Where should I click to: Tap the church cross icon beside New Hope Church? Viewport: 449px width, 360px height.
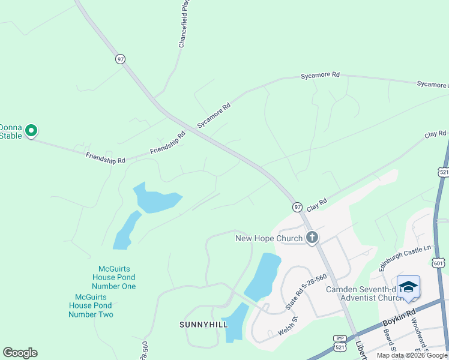312,238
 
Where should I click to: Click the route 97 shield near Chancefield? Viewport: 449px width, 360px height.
121,59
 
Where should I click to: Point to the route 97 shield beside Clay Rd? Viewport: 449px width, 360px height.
297,206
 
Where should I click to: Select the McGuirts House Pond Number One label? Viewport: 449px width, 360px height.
114,277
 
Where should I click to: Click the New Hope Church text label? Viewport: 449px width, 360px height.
268,238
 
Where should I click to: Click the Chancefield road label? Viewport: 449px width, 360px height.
184,24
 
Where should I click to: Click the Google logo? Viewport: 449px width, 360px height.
20,353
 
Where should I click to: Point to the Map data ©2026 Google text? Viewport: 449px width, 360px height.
412,355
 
